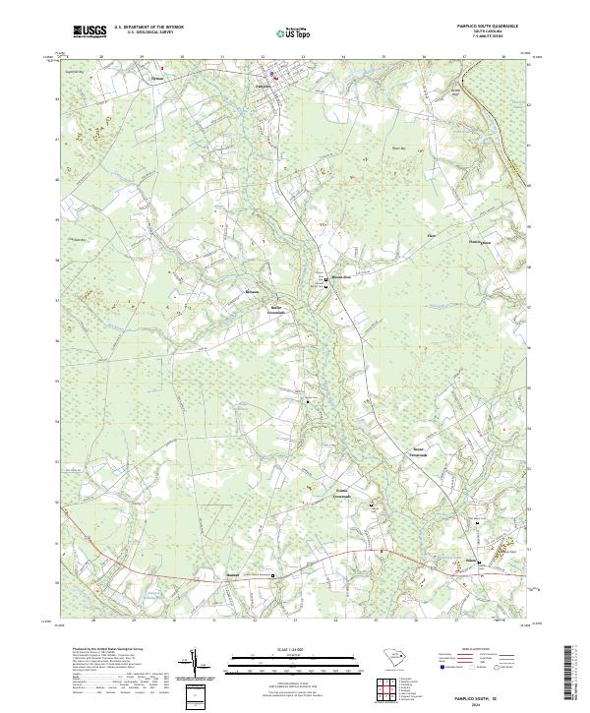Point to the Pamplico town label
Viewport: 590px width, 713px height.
click(x=262, y=86)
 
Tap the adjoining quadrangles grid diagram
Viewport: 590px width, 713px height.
click(x=390, y=689)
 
